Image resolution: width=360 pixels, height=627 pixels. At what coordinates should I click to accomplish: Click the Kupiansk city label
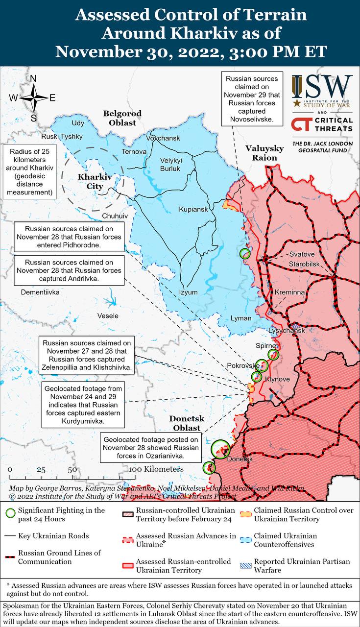[x=193, y=209]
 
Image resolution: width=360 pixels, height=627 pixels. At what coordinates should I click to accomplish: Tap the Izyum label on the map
[x=189, y=292]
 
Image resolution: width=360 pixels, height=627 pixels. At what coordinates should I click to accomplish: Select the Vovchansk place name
[x=163, y=138]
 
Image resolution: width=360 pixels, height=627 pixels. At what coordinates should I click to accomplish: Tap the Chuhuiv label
[x=115, y=216]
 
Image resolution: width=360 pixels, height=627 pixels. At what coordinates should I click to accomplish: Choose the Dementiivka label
[x=40, y=292]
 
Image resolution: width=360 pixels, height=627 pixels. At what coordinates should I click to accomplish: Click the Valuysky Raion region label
[x=264, y=153]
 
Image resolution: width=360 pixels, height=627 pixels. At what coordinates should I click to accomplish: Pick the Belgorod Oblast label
[x=122, y=118]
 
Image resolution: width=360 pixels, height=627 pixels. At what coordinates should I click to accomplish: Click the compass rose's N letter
[x=33, y=79]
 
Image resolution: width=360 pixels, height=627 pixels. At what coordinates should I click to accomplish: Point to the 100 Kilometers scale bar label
[x=156, y=469]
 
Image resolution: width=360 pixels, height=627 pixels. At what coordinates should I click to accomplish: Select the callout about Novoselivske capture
[x=252, y=99]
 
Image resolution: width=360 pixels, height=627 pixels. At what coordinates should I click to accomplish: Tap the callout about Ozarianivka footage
[x=151, y=448]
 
